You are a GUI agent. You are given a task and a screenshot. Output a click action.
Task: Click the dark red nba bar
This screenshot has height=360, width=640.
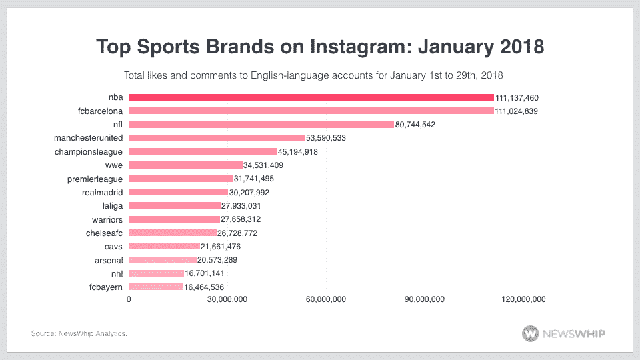(311, 97)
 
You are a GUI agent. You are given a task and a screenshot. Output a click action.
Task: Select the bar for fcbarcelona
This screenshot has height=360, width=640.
(311, 111)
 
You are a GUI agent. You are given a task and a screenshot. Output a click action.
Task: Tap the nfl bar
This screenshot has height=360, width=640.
(261, 124)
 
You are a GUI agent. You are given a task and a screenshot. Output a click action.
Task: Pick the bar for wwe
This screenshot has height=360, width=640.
(185, 165)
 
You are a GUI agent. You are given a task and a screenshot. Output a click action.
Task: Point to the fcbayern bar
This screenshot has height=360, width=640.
(156, 287)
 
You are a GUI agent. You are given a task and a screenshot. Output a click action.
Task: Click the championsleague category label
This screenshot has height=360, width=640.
(89, 151)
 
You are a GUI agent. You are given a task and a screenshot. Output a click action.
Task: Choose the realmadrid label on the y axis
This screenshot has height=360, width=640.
(101, 192)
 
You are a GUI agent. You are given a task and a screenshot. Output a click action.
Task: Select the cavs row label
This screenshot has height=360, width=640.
(113, 246)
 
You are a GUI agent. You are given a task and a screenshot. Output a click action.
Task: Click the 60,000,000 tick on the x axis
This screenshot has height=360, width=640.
(326, 299)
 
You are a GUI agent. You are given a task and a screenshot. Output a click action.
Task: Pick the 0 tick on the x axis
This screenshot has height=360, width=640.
(129, 299)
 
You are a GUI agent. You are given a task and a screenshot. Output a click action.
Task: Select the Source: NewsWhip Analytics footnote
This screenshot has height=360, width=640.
(79, 333)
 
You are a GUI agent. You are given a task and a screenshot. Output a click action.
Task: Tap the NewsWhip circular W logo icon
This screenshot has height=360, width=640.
(532, 333)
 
